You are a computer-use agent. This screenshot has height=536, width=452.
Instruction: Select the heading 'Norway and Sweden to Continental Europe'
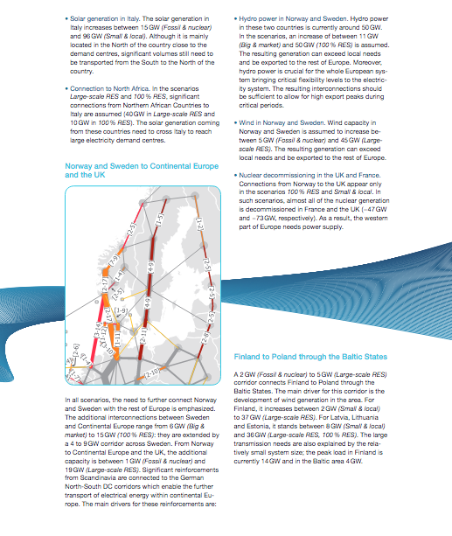(x=122, y=170)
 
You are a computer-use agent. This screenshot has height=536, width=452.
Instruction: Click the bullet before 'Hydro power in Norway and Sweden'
(x=236, y=17)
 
